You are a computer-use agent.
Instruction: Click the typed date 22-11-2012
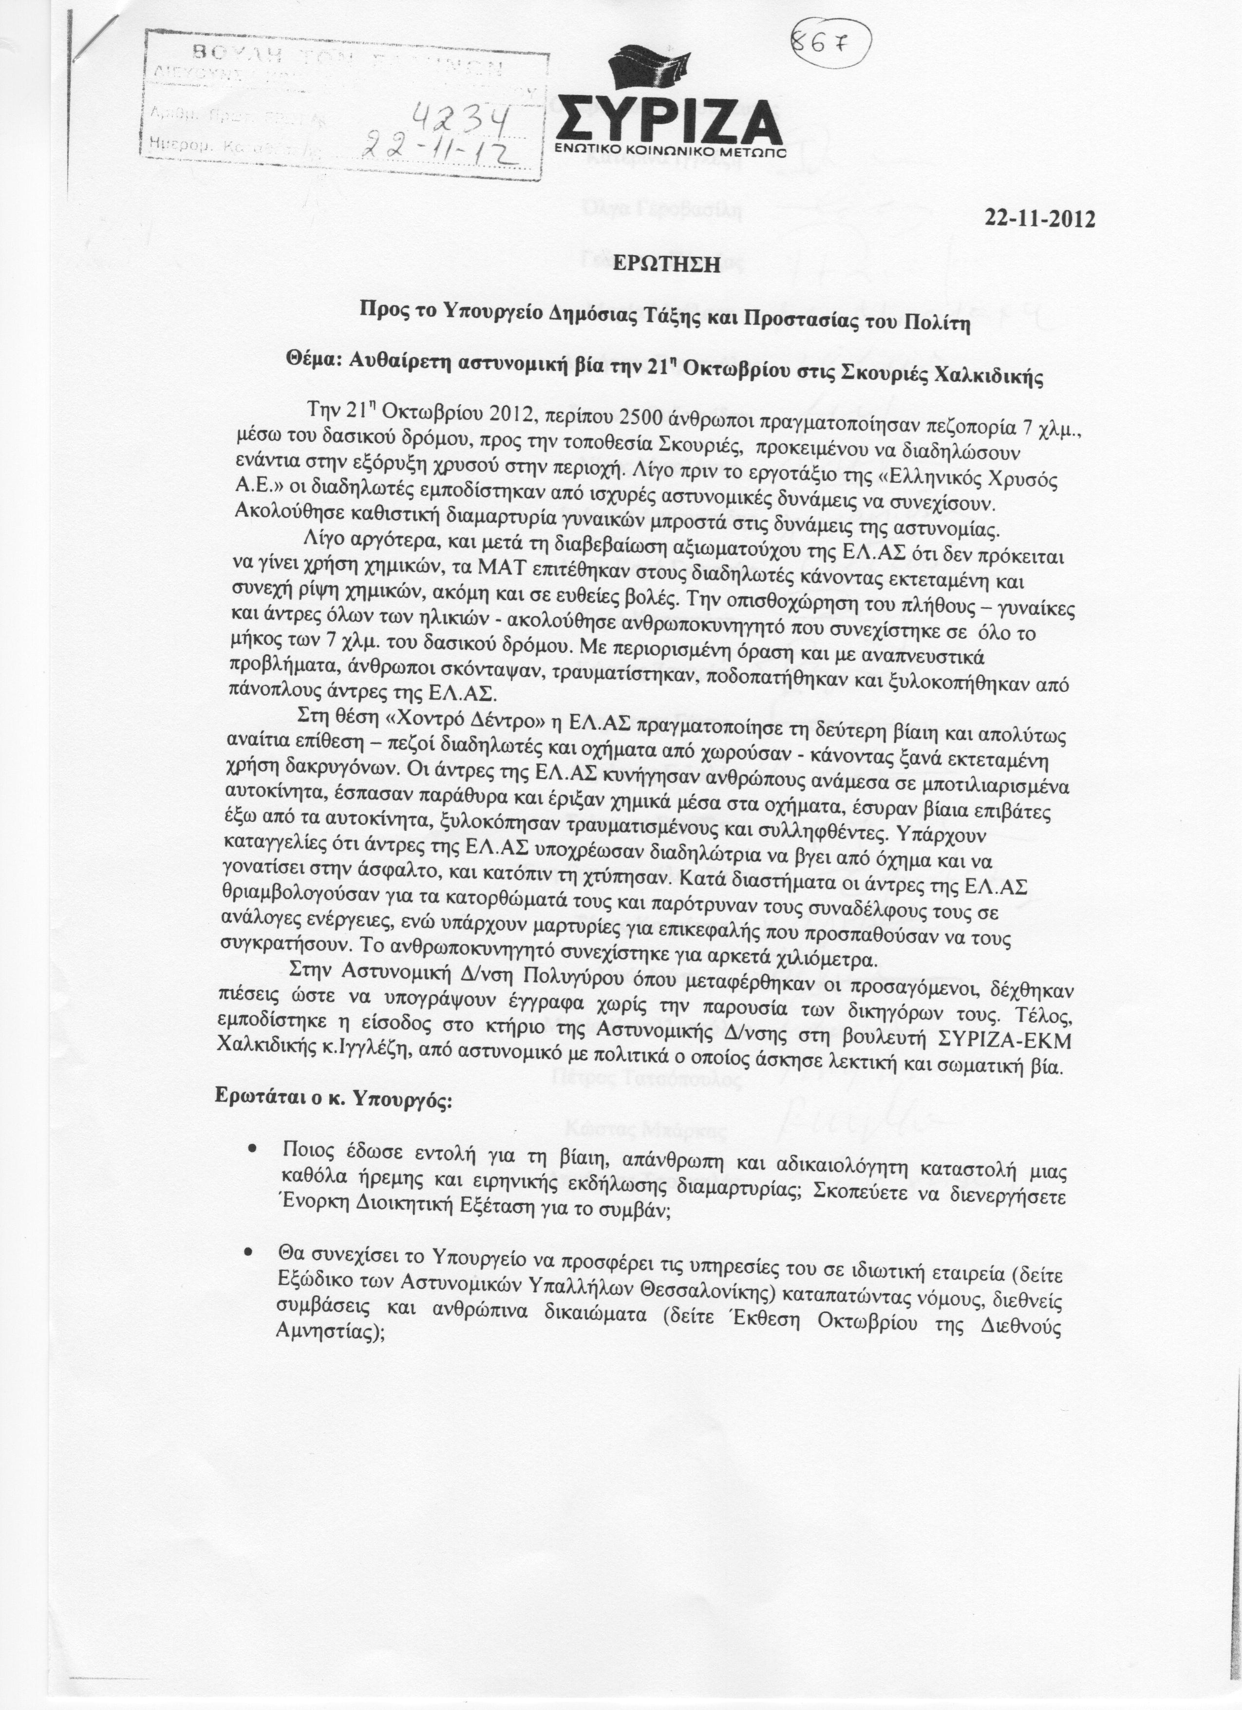1039,219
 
